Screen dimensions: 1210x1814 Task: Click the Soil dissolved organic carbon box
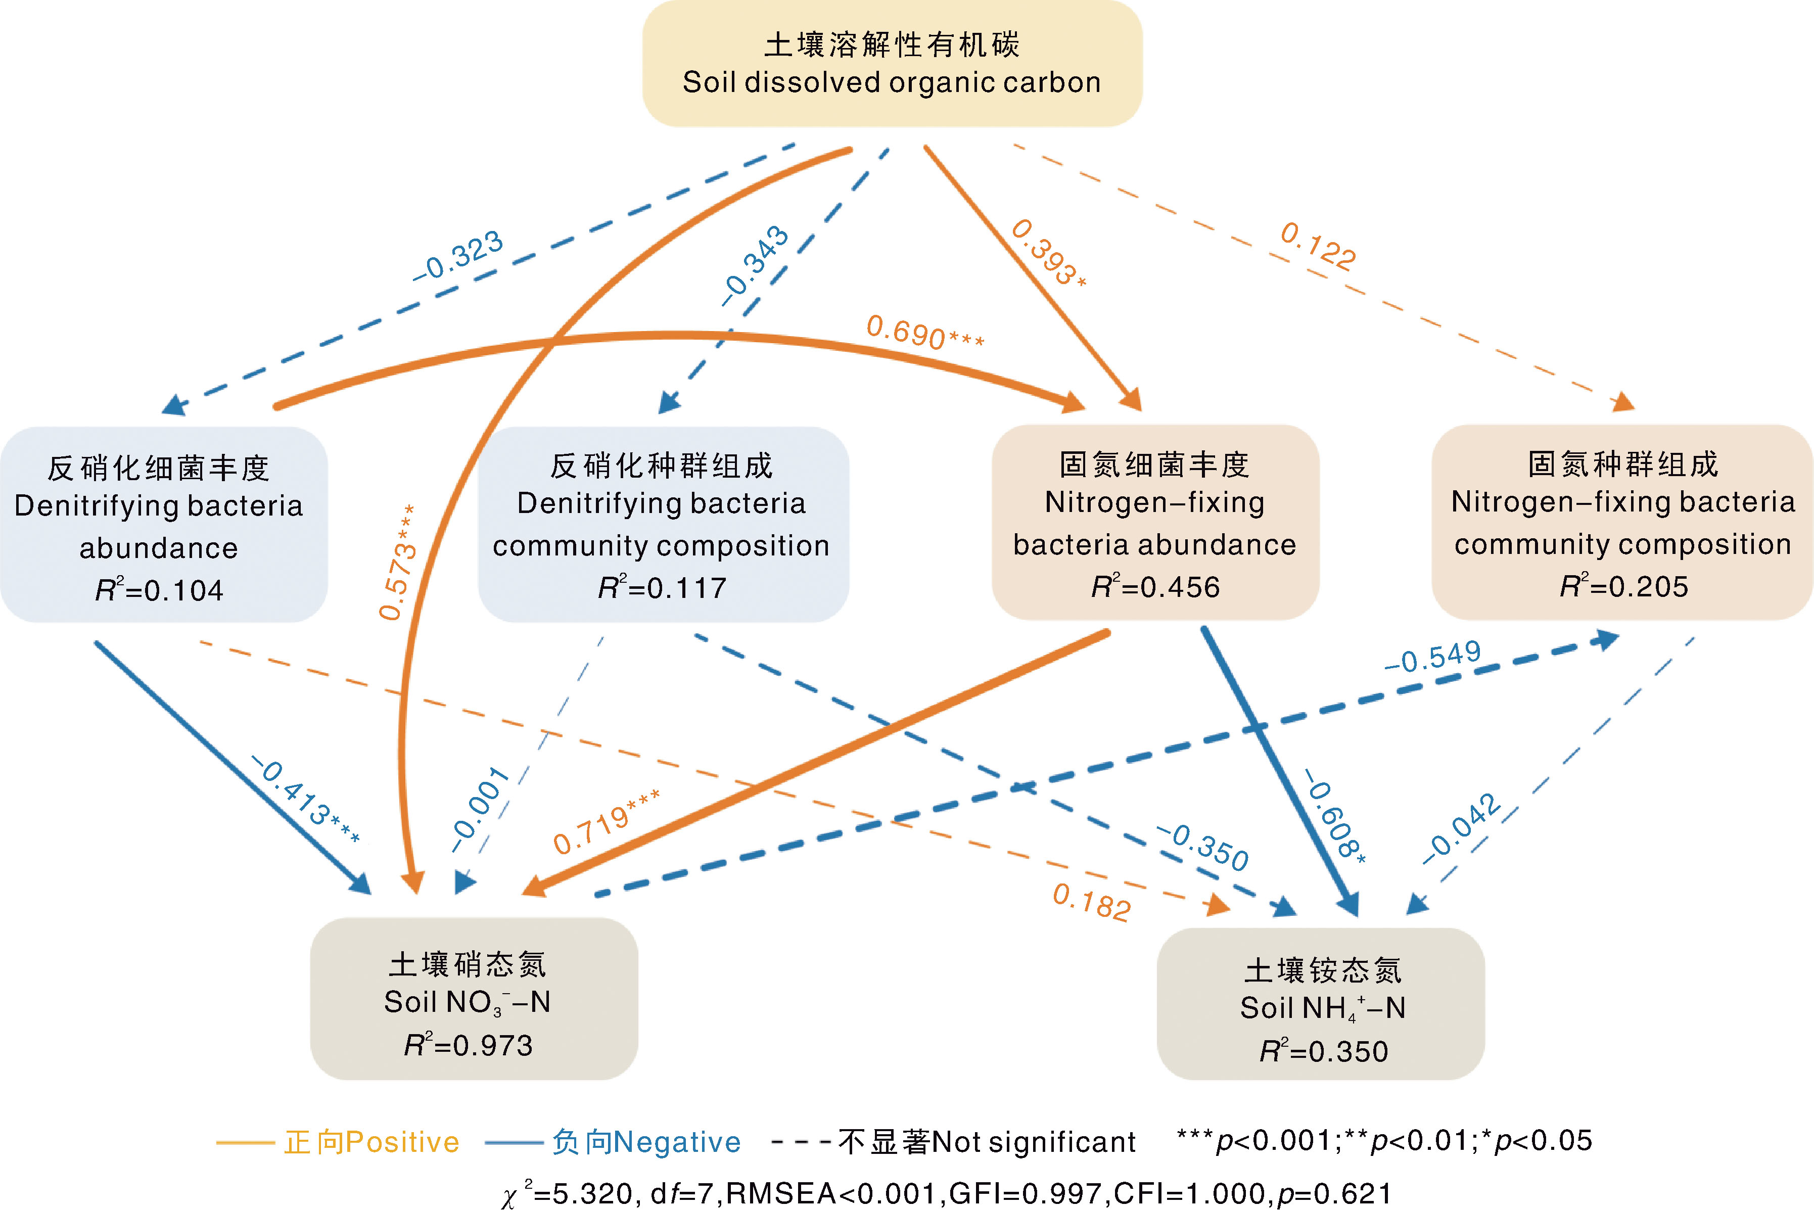[x=892, y=63]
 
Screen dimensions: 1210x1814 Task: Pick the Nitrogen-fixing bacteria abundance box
[x=1154, y=523]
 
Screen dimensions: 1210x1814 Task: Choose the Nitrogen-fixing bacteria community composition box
[x=1622, y=523]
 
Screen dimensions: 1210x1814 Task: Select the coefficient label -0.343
[x=755, y=265]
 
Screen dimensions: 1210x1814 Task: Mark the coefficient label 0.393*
[x=1048, y=252]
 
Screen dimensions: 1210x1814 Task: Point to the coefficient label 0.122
[x=1317, y=246]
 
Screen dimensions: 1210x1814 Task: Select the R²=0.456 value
[x=1155, y=587]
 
